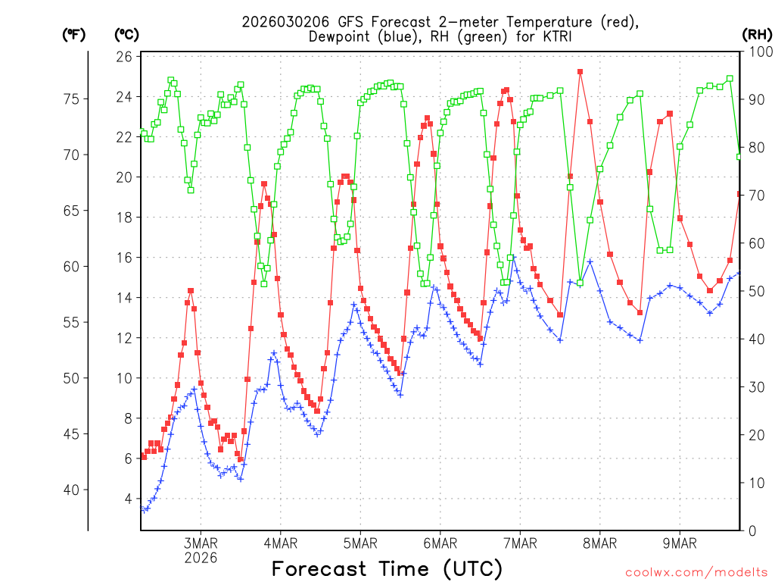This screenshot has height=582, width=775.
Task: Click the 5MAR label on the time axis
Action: coord(360,543)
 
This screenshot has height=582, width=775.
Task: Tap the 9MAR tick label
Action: coord(680,543)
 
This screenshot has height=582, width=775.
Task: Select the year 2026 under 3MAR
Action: coord(201,558)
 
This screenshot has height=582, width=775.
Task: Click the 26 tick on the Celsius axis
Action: coord(125,57)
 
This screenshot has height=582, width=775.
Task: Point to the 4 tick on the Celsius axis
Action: coord(129,499)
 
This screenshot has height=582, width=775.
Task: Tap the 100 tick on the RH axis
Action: coord(758,52)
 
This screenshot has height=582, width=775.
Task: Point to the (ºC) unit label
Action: coord(126,34)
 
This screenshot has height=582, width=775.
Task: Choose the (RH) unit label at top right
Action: coord(757,34)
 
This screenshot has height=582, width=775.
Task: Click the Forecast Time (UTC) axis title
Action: coord(387,568)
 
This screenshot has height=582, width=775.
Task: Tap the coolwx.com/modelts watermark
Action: coord(696,572)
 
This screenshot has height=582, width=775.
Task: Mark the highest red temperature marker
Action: coord(580,72)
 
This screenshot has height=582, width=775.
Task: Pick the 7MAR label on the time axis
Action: coord(520,543)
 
